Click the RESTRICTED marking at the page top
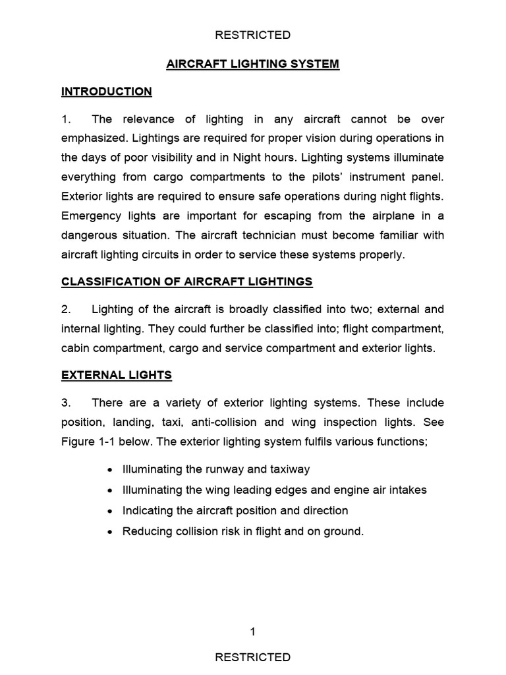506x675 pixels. coord(253,35)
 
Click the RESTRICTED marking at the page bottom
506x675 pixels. coord(253,657)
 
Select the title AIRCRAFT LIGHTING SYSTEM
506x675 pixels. coord(253,64)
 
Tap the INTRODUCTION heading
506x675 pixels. coord(107,92)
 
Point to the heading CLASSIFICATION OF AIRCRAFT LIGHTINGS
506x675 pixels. coord(187,282)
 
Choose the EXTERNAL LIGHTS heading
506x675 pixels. coord(117,375)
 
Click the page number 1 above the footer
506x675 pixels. coord(253,632)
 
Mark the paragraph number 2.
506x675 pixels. coord(65,310)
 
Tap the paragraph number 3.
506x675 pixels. coord(65,403)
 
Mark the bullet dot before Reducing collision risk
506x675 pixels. coord(109,531)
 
